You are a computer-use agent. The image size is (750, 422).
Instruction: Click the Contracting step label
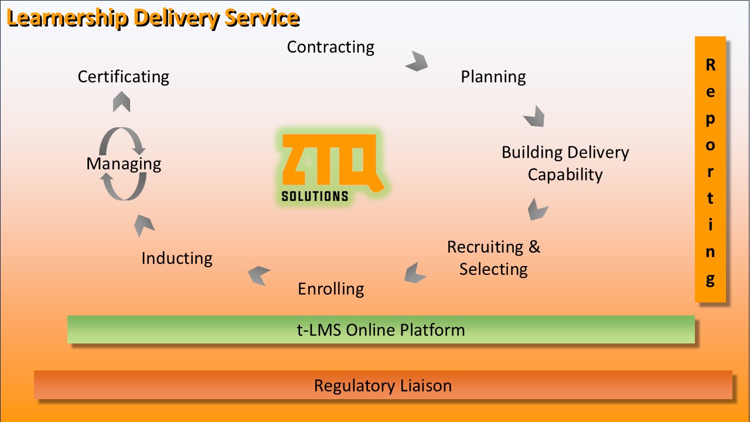(x=330, y=47)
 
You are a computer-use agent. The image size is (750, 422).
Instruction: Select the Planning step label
(x=493, y=77)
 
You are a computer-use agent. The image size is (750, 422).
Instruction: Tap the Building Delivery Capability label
(x=565, y=164)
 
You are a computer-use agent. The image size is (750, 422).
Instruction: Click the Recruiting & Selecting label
(x=493, y=258)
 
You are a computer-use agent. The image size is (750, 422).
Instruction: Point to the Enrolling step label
(x=330, y=289)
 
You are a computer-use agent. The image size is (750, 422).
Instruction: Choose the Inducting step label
(x=176, y=258)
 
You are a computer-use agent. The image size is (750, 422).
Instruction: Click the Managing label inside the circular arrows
(x=124, y=164)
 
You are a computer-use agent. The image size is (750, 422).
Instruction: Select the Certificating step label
(x=123, y=77)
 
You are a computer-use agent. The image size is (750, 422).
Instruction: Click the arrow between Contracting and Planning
(x=417, y=61)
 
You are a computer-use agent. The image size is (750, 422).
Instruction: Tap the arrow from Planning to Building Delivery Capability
(x=534, y=116)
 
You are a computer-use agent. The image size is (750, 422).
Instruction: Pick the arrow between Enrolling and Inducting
(x=258, y=275)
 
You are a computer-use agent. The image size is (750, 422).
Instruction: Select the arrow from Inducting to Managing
(x=144, y=224)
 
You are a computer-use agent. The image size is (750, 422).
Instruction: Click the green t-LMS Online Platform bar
(x=381, y=329)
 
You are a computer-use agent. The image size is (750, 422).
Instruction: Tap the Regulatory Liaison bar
(x=383, y=385)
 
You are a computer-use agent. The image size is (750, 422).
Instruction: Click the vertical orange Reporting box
(x=710, y=169)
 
